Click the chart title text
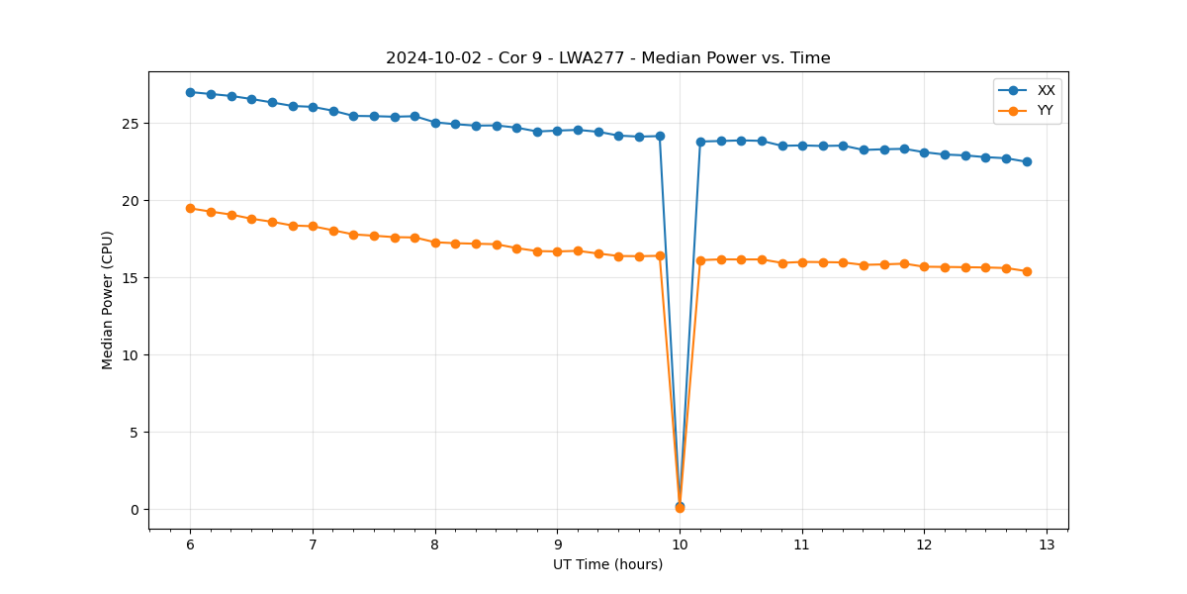[x=607, y=58]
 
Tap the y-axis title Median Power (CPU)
[x=108, y=300]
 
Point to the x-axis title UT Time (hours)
[x=607, y=564]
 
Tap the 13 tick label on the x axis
[x=1047, y=544]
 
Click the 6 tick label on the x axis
[x=190, y=544]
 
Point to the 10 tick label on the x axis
[x=680, y=544]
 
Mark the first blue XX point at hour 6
[x=190, y=92]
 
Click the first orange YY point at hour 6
[x=190, y=208]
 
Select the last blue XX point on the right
[x=1027, y=161]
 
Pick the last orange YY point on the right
[x=1027, y=271]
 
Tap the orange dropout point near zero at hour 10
[x=680, y=508]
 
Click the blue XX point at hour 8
[x=435, y=123]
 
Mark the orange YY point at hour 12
[x=924, y=266]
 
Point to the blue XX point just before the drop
[x=660, y=136]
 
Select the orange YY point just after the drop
[x=700, y=260]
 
